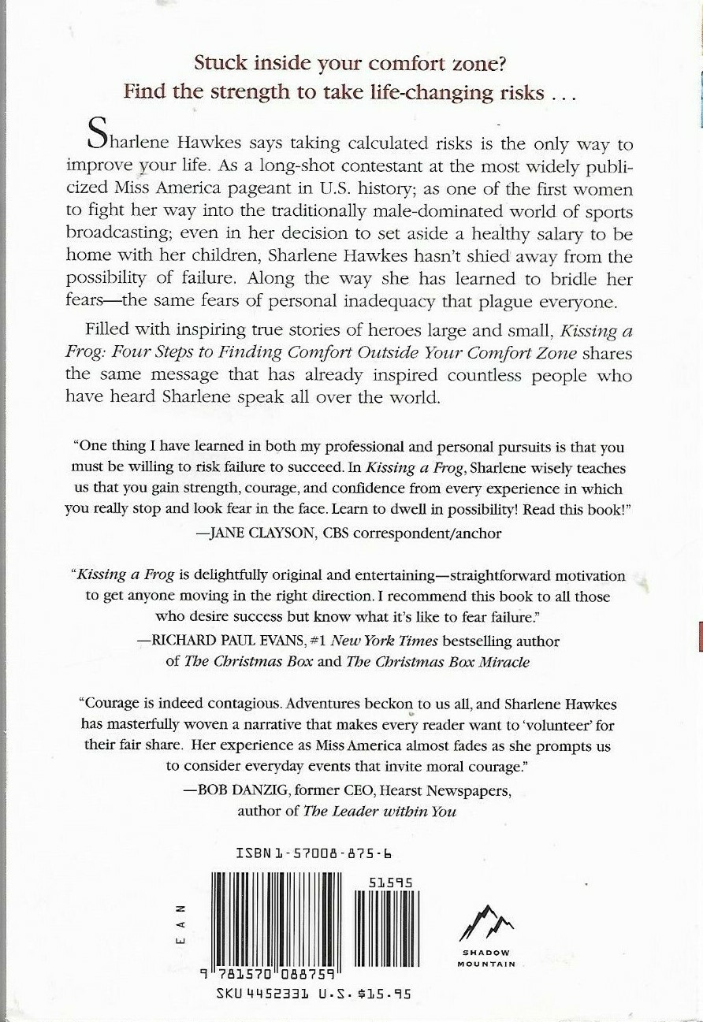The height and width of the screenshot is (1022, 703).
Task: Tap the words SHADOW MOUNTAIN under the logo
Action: [x=485, y=958]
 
